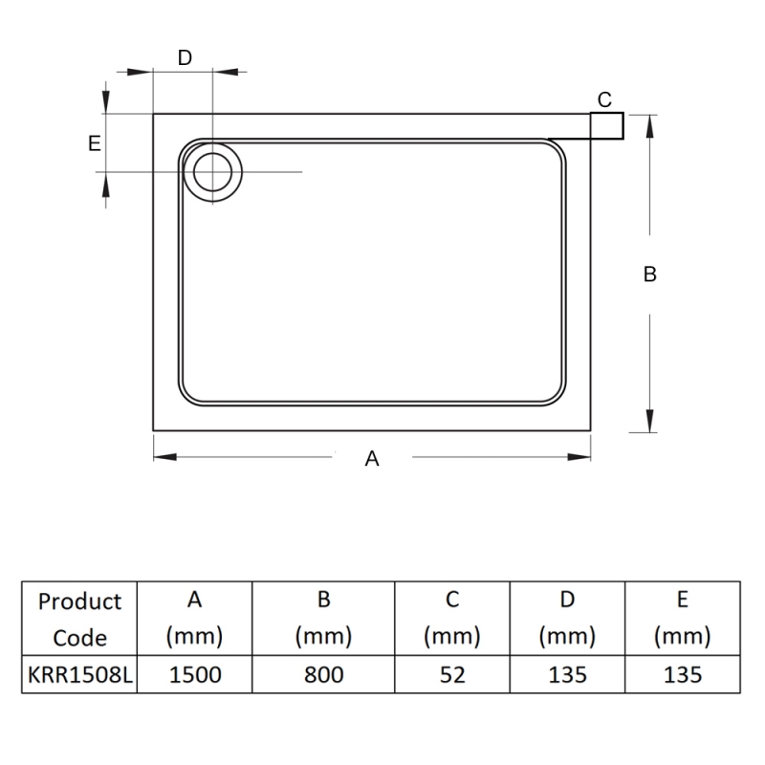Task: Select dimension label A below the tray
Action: point(373,459)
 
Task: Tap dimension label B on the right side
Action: point(650,274)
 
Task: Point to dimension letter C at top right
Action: point(604,99)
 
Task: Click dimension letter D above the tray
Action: point(186,57)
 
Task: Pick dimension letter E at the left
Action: point(94,143)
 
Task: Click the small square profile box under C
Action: point(606,126)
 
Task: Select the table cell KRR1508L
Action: point(79,674)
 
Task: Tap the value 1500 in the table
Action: point(195,674)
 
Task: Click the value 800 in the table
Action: point(324,674)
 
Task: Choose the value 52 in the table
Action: point(452,674)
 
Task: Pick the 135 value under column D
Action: point(567,674)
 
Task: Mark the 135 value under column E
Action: point(682,674)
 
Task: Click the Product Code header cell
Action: point(79,619)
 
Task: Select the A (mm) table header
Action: point(195,619)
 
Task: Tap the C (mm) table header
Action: point(452,619)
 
